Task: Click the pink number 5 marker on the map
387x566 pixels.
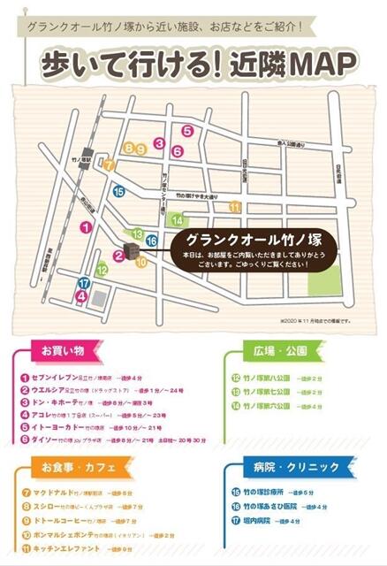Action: tap(187, 131)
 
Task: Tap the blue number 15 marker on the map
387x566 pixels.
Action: tap(118, 190)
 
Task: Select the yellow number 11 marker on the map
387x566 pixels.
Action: tap(233, 206)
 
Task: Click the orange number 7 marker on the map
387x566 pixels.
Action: tap(109, 164)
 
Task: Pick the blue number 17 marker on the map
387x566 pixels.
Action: tap(83, 284)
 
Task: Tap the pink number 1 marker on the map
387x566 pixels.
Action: tap(86, 226)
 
